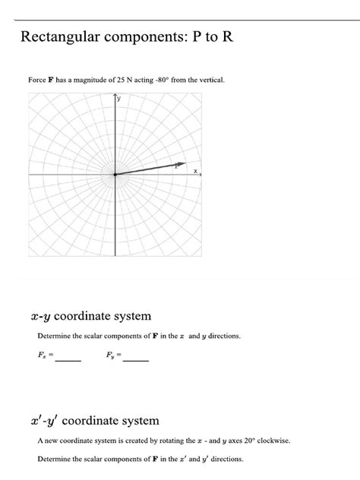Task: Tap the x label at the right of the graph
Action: [x=194, y=171]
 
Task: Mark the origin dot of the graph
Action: [x=115, y=175]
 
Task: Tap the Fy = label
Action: [x=112, y=355]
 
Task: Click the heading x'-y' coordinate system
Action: [x=93, y=420]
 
